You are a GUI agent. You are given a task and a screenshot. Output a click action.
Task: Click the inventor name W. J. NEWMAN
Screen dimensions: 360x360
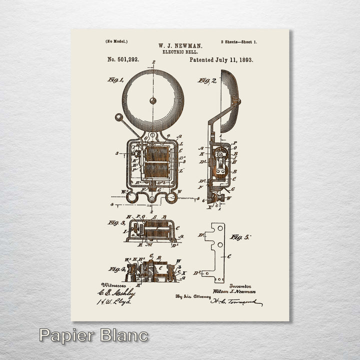(x=180, y=45)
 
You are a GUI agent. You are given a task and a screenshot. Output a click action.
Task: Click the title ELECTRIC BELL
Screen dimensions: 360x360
(x=180, y=51)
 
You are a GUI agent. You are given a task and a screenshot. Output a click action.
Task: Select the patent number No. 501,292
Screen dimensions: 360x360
(x=123, y=59)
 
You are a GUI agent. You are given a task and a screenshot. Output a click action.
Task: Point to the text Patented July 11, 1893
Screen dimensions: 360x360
(x=221, y=59)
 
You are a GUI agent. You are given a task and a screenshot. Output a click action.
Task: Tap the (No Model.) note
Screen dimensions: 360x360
(x=116, y=41)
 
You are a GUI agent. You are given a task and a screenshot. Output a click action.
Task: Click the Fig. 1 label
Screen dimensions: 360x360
(x=115, y=79)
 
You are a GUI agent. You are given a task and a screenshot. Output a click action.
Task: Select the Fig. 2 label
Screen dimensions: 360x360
(x=206, y=80)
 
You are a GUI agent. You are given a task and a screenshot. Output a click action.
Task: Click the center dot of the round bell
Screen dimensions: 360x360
(x=153, y=100)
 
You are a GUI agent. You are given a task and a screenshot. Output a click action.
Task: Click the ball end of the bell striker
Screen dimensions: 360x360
(x=118, y=118)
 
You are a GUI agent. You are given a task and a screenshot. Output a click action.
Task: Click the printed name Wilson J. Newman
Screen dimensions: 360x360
(x=234, y=291)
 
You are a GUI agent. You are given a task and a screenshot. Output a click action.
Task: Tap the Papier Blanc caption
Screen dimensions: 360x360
(x=93, y=335)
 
